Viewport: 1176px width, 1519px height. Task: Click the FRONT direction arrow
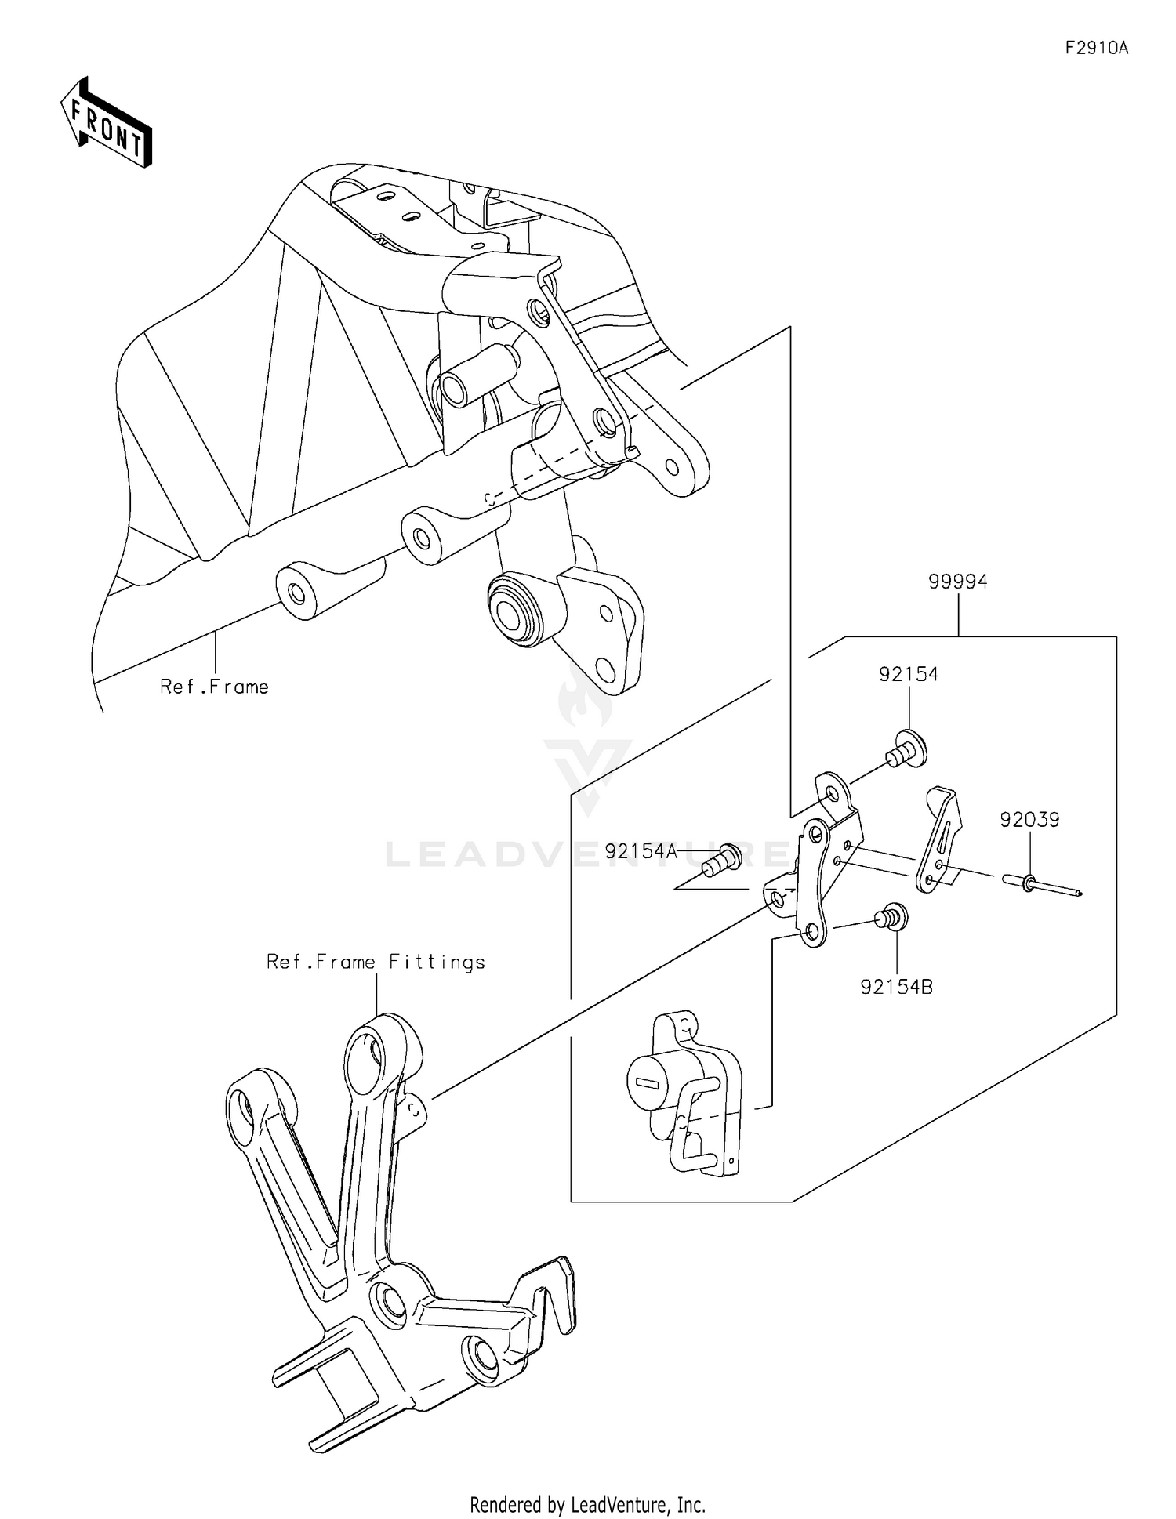[x=106, y=122]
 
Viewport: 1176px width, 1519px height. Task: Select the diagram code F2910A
[x=1096, y=49]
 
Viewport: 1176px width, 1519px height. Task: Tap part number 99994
[x=957, y=582]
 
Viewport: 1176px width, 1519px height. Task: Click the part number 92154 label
[x=908, y=674]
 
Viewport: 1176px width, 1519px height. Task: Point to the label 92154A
[x=640, y=851]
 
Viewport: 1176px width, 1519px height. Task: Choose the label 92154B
[x=896, y=987]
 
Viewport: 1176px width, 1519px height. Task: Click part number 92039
[x=1029, y=820]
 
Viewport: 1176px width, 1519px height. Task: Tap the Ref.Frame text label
[x=214, y=687]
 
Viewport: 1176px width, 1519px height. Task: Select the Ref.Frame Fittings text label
[x=376, y=962]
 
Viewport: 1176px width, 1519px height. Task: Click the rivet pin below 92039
[x=1040, y=886]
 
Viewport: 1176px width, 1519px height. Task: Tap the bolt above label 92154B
[x=893, y=916]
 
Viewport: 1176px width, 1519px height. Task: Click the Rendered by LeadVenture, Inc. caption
[x=587, y=1504]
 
